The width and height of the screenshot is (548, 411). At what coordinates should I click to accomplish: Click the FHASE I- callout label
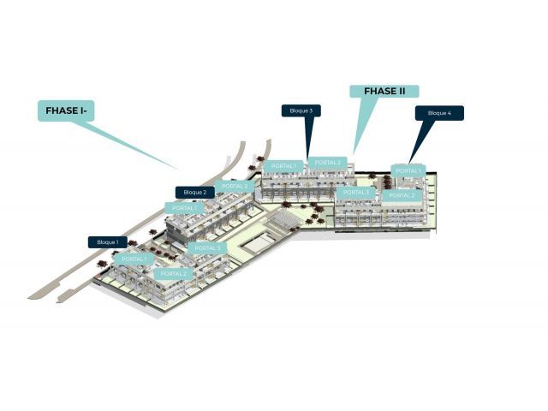pos(66,110)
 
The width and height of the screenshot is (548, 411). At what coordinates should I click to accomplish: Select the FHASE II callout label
pos(384,92)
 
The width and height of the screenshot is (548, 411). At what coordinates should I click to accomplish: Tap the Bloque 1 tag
pos(108,242)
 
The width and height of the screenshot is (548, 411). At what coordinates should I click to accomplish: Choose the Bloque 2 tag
pos(195,192)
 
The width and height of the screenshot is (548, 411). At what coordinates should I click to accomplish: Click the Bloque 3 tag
pos(301,110)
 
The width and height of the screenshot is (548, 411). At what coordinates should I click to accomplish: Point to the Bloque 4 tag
pos(439,113)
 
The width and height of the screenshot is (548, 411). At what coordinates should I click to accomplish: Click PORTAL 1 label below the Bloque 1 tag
pos(134,259)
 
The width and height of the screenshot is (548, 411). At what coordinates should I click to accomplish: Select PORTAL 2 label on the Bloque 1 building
pos(173,274)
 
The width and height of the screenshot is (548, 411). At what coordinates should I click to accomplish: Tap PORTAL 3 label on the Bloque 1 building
pos(207,248)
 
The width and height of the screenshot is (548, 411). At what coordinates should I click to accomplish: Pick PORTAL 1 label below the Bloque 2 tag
pos(184,208)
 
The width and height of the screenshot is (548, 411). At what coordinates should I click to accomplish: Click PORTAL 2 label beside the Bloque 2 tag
pos(235,187)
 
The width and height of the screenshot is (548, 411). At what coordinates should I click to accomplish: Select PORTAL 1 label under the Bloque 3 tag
pos(283,165)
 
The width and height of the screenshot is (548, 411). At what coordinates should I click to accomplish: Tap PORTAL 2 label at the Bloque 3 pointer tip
pos(327,163)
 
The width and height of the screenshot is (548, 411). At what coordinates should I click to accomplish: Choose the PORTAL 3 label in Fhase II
pos(356,192)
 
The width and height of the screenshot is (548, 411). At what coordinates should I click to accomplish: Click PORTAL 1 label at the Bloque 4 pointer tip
pos(408,171)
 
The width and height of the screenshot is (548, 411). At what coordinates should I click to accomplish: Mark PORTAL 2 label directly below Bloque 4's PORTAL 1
pos(402,195)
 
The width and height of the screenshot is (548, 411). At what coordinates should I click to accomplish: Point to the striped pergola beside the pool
pos(283,221)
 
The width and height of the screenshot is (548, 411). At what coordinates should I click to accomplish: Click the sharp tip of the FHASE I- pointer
pos(178,169)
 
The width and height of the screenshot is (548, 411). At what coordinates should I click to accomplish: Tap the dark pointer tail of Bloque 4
pos(421,141)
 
